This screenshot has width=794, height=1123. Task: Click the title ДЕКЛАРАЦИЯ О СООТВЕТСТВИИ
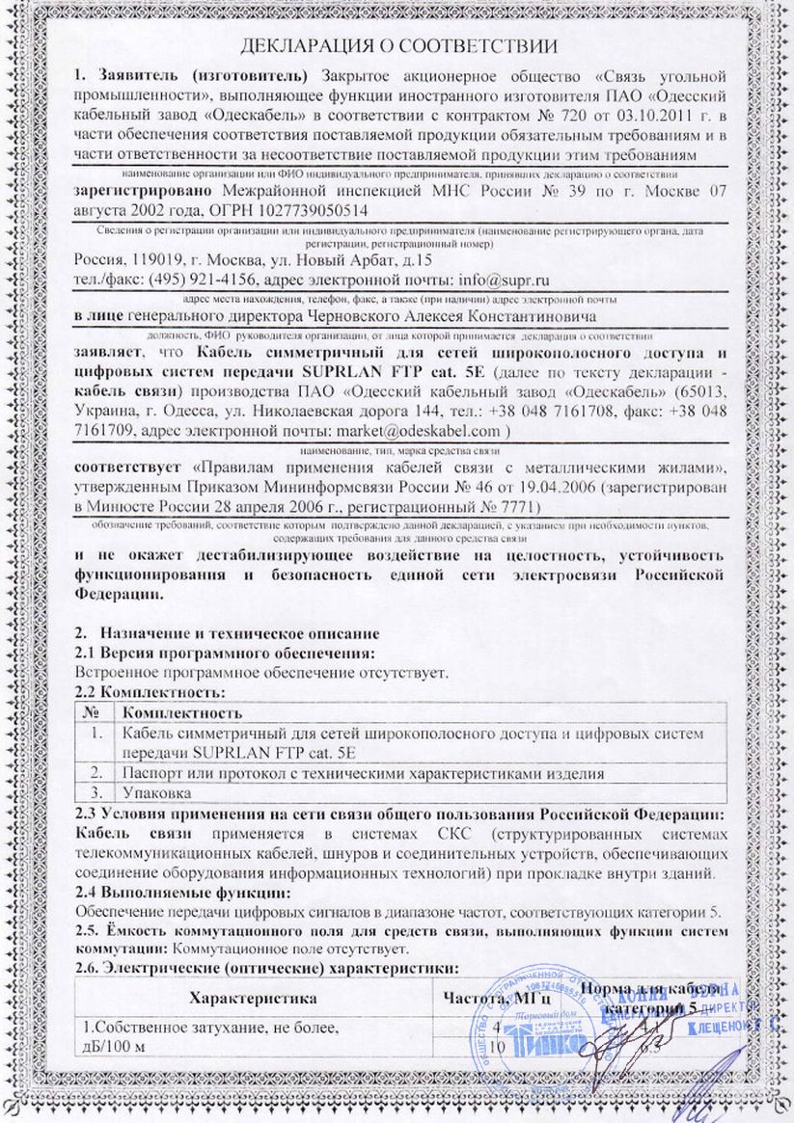(x=397, y=45)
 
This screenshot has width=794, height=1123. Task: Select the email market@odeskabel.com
(x=417, y=430)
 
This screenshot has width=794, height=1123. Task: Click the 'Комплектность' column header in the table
(x=178, y=713)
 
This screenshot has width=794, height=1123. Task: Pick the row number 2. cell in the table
(x=96, y=773)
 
